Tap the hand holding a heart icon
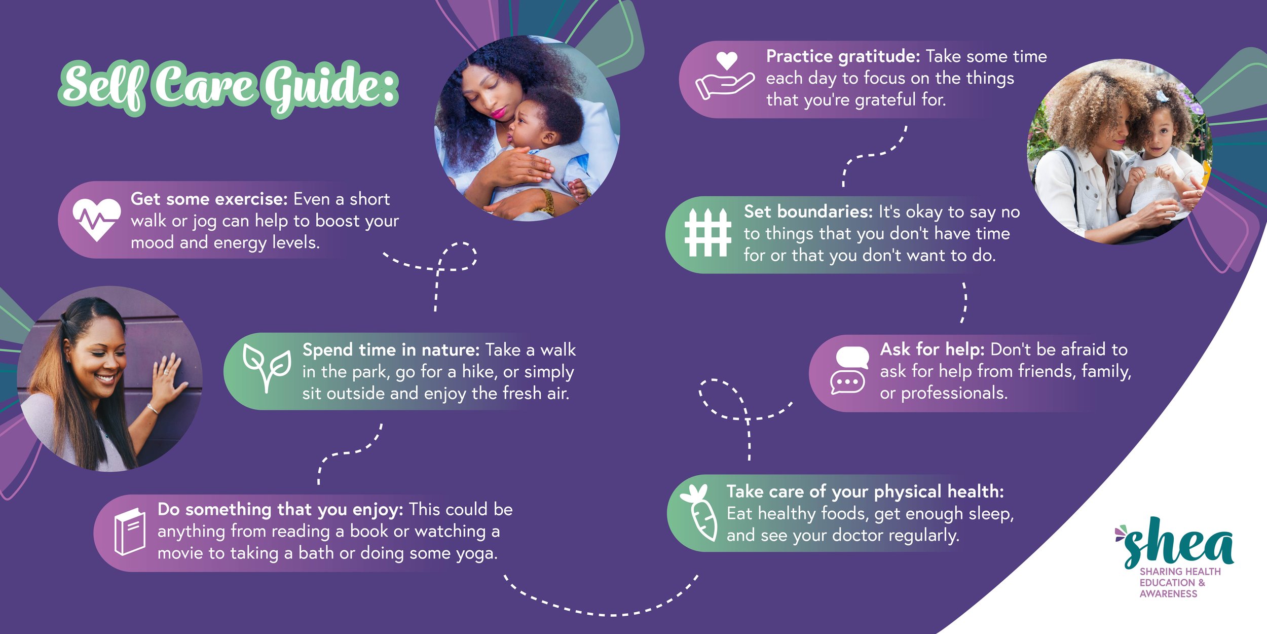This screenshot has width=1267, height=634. point(725,76)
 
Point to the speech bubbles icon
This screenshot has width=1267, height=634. point(848,371)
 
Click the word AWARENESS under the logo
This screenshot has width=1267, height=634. point(1168,594)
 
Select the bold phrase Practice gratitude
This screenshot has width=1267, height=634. point(843,56)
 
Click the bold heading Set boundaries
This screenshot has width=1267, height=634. point(808,212)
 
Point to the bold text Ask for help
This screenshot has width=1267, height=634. point(932,349)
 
